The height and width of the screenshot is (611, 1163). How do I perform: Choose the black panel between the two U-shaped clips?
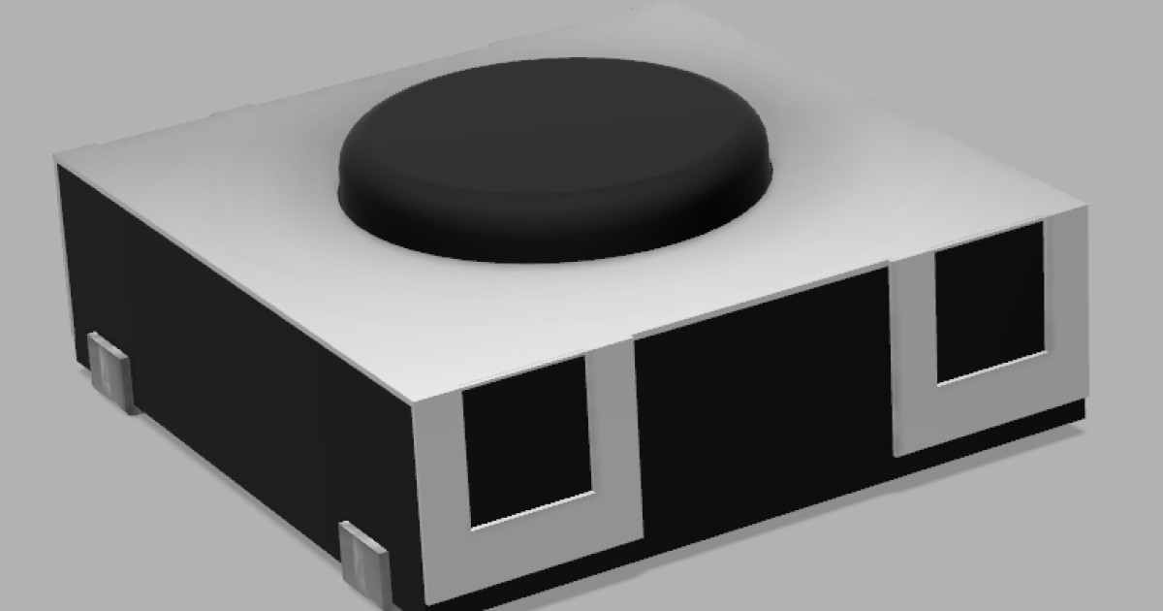pos(761,407)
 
